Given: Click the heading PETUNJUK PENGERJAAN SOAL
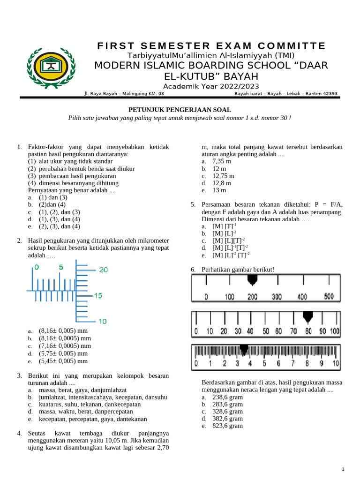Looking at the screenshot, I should pos(180,109).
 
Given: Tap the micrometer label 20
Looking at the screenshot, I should pos(103,270).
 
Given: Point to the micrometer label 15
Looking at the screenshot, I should pos(98,296).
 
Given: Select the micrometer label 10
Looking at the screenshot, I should pos(102,321).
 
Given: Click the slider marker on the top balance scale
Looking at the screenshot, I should pos(253,280).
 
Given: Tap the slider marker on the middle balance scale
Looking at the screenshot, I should pos(307,317).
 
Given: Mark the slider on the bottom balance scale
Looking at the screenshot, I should pos(244,349).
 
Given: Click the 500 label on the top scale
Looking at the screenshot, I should pos(329,296).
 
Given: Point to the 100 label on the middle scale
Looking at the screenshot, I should pos(334,331).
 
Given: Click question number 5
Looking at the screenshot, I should pos(193,204).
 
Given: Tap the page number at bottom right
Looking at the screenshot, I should pos(343,469).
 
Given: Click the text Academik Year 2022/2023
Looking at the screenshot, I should pos(211,86).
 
